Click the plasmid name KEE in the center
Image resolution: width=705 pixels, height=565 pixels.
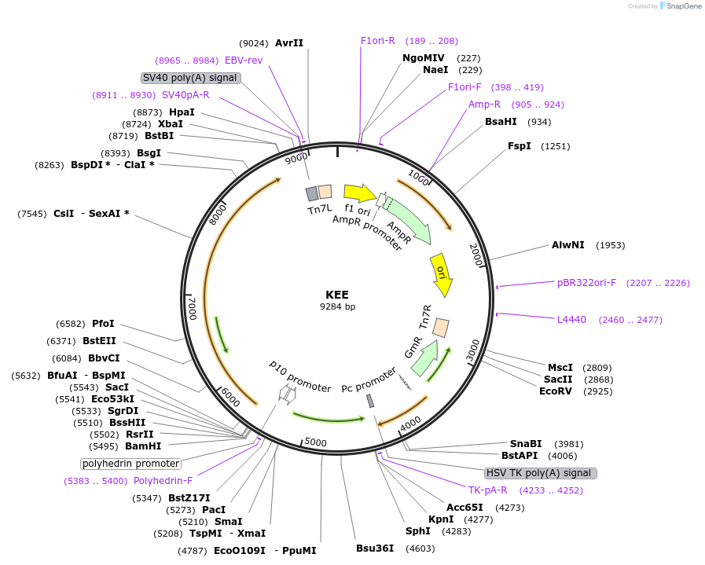(337, 295)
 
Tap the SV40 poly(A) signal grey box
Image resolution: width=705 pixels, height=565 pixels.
(190, 78)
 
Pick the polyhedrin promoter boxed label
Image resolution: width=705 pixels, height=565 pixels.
(131, 464)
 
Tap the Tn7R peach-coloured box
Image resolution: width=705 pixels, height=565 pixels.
(441, 327)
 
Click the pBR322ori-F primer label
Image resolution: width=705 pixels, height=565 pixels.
(586, 283)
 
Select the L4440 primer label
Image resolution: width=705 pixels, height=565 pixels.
(571, 320)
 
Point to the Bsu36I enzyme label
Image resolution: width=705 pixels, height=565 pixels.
(375, 548)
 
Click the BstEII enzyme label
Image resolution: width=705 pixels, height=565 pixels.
(99, 341)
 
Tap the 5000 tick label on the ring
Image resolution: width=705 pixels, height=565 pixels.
(315, 442)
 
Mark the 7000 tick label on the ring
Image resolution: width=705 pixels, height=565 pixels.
(192, 308)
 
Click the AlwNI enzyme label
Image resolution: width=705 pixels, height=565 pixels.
(568, 245)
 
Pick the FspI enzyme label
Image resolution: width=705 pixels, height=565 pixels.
(520, 146)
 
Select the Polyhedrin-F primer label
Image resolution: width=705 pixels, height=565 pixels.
(163, 481)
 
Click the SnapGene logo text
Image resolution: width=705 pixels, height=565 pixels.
(680, 6)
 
